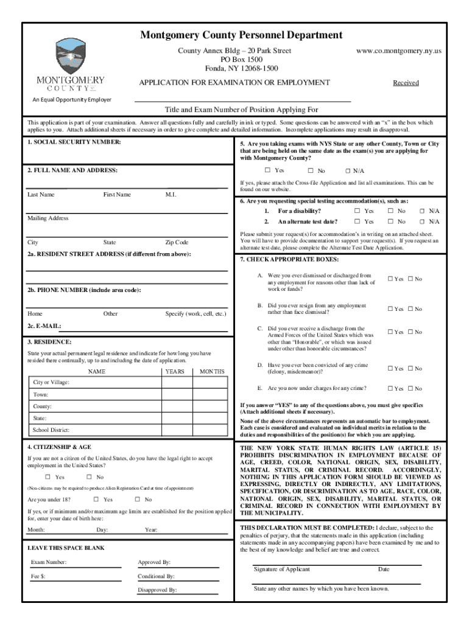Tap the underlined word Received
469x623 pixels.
[x=405, y=83]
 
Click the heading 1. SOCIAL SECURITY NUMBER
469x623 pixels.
[x=74, y=142]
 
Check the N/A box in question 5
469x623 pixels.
[x=348, y=171]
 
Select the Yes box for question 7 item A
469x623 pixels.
[x=390, y=279]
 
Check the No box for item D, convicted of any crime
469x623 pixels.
[x=410, y=369]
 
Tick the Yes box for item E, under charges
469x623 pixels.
[x=390, y=389]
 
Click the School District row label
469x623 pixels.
[x=52, y=431]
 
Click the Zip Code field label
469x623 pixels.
[x=177, y=242]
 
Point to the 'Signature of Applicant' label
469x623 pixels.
[x=281, y=569]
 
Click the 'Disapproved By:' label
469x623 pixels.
[x=157, y=590]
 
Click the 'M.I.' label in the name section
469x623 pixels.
[x=171, y=195]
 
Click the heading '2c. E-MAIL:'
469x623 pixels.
[x=44, y=326]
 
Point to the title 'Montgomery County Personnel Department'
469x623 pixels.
[x=241, y=35]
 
